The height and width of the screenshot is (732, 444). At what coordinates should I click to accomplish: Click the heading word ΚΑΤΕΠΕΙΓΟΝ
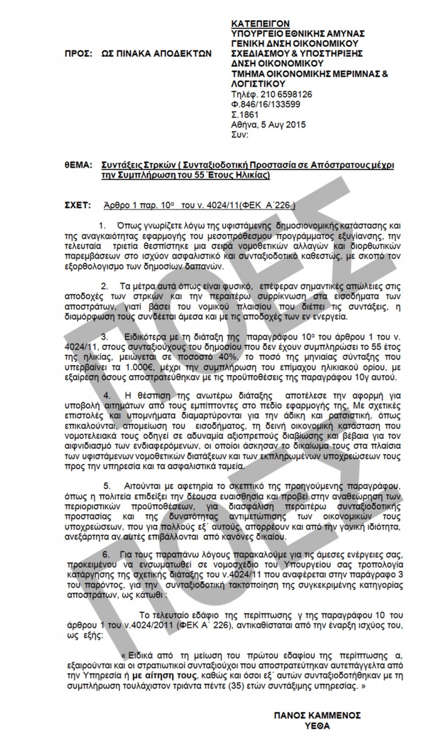[260, 23]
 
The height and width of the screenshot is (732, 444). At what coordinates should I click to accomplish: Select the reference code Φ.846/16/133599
[265, 104]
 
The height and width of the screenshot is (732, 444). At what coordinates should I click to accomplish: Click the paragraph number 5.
[107, 486]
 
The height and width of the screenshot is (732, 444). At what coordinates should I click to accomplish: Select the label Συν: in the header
[240, 135]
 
